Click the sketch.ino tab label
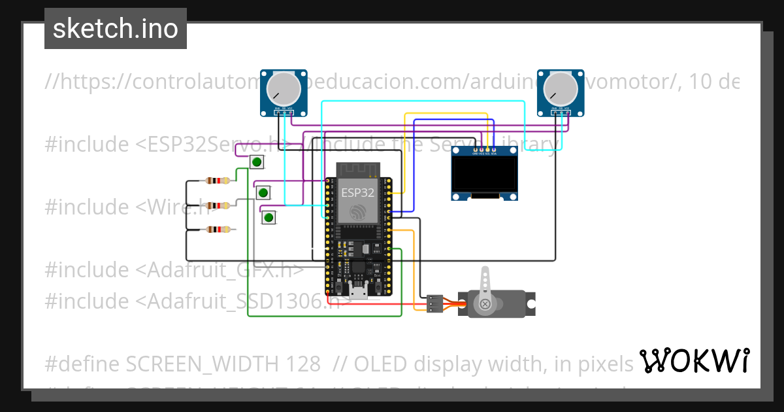[116, 29]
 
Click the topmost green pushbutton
[257, 162]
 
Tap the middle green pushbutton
[263, 192]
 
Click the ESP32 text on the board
[357, 193]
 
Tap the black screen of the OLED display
[484, 175]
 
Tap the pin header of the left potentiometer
[282, 112]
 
